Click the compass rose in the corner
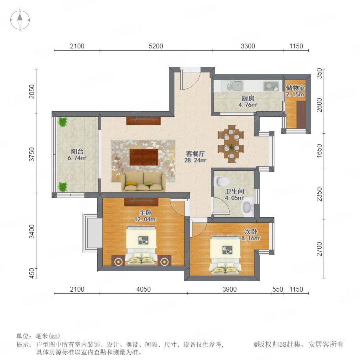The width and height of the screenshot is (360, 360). [20, 20]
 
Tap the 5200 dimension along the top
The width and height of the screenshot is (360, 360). [156, 46]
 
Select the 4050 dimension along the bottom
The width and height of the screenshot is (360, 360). [144, 289]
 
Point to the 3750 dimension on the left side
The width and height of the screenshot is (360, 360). [32, 154]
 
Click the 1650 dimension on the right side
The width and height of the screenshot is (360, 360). [319, 151]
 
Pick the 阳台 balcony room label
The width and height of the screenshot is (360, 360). [77, 151]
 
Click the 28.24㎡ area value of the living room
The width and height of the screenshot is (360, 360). [195, 160]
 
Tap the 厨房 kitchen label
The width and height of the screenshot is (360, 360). [248, 98]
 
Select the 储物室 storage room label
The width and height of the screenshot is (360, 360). [295, 88]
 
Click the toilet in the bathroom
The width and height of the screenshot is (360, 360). [221, 181]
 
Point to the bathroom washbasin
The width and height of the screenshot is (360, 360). [247, 207]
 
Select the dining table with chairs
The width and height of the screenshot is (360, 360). [231, 144]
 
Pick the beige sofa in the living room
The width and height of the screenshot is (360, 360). [144, 182]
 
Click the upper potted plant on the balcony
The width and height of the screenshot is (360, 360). [62, 122]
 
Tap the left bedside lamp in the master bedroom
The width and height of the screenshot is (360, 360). [118, 261]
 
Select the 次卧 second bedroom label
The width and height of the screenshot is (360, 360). [251, 232]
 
